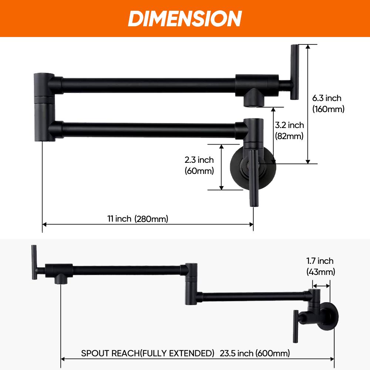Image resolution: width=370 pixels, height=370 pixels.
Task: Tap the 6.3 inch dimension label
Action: tap(327, 98)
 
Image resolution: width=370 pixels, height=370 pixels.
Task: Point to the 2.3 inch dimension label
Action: tap(199, 160)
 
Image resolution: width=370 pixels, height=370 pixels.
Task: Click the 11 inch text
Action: tap(119, 219)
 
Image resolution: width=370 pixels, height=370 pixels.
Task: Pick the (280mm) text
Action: tap(151, 219)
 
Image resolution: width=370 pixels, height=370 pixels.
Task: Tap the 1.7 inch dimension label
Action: tap(320, 261)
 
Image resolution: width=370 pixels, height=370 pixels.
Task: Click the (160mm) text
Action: tap(328, 109)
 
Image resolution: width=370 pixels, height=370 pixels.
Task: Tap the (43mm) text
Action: tap(321, 272)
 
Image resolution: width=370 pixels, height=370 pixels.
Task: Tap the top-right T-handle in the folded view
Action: tap(294, 72)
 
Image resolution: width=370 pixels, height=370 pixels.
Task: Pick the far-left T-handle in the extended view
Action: tap(34, 263)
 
